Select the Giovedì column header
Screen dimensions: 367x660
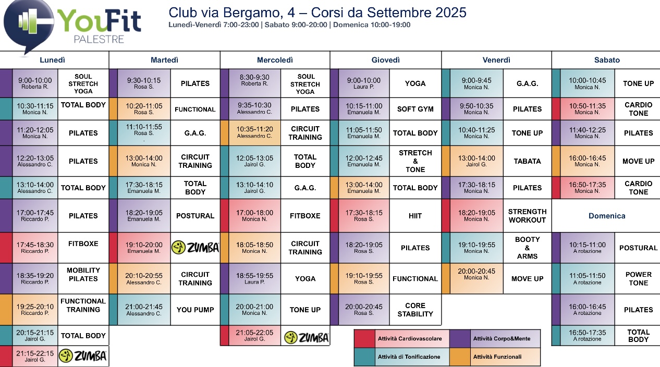click(386, 60)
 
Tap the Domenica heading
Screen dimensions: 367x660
click(607, 216)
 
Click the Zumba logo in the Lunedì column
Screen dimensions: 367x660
click(83, 356)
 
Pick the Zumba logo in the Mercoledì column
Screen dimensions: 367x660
click(306, 338)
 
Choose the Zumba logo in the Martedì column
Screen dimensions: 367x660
click(195, 248)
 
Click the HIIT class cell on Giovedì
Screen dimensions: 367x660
click(415, 216)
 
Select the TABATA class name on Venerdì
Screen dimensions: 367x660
click(527, 161)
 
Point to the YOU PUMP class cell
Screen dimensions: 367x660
click(195, 310)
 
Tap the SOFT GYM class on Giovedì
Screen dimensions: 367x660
click(415, 109)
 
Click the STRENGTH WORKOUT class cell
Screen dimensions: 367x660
click(527, 216)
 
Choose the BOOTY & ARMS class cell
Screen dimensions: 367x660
click(527, 248)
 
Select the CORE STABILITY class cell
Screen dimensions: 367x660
click(415, 310)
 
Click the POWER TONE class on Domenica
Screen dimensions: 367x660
click(638, 278)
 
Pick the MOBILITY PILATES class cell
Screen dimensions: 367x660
click(83, 274)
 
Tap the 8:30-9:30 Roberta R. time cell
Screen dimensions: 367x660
click(254, 80)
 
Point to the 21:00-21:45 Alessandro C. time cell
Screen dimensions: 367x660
click(143, 310)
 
